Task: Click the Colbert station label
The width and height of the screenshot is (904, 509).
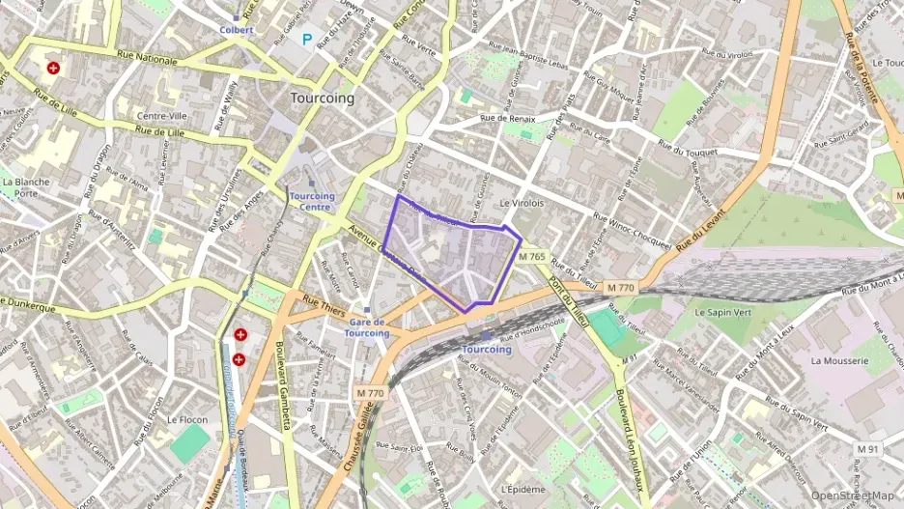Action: tap(236, 30)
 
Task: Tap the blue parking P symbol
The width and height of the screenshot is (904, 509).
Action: tap(308, 40)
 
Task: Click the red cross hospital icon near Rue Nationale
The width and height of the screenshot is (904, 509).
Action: tap(53, 69)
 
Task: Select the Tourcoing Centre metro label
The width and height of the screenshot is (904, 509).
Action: tap(311, 201)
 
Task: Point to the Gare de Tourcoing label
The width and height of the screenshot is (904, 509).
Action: tap(367, 327)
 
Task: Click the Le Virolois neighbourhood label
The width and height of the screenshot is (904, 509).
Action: tap(523, 204)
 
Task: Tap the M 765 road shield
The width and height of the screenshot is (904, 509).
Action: tap(531, 257)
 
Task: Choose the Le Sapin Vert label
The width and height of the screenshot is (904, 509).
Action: tap(723, 313)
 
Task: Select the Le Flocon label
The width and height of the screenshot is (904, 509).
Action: tap(186, 420)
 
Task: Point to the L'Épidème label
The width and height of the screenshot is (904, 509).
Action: tap(523, 489)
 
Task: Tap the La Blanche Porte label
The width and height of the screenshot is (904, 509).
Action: tap(20, 186)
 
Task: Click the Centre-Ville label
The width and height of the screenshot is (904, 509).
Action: tap(161, 116)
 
